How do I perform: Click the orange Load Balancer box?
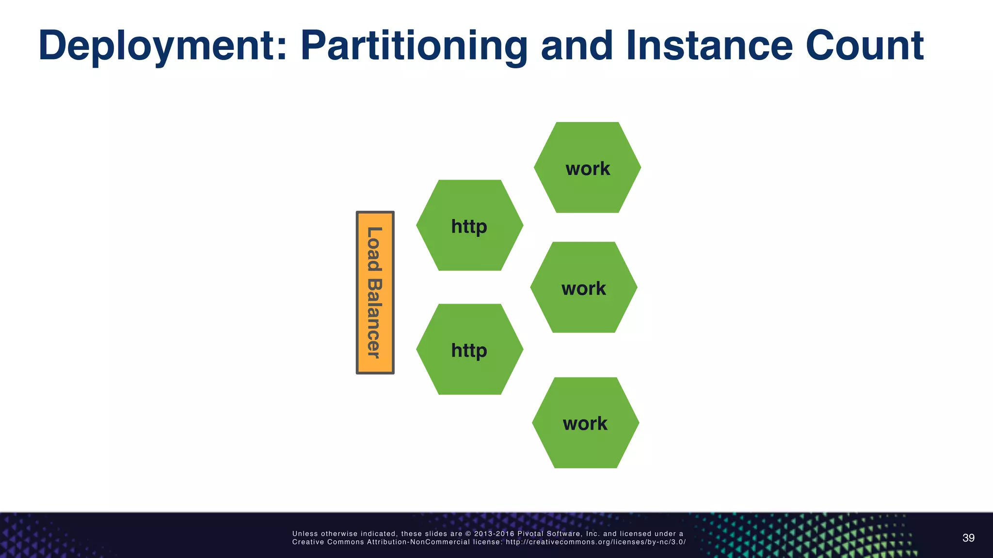[x=375, y=292]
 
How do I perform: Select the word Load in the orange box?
[x=374, y=249]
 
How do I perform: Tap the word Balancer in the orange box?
[x=374, y=318]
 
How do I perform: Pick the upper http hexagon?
[x=469, y=225]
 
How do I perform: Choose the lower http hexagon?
[x=469, y=349]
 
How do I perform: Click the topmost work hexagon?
[x=587, y=168]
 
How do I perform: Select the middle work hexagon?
[x=583, y=287]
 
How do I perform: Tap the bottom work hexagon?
[x=585, y=422]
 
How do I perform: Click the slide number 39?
[x=968, y=538]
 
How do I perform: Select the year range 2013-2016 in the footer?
[x=494, y=534]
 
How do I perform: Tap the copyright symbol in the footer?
[x=468, y=534]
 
